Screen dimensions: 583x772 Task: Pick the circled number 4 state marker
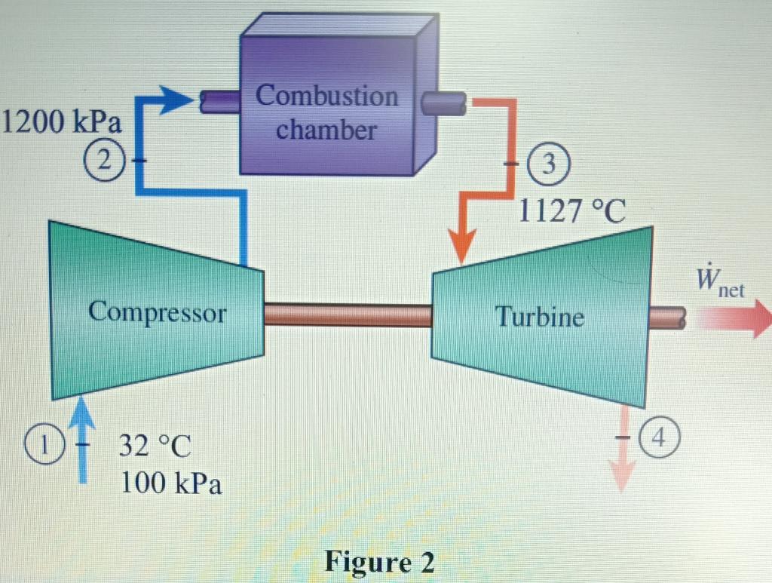click(657, 437)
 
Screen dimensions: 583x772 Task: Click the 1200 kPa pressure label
click(63, 121)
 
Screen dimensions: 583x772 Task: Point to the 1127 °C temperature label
click(572, 212)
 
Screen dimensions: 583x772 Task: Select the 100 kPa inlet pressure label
click(172, 483)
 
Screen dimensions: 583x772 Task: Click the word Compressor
click(157, 312)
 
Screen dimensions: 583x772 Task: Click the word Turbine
click(539, 317)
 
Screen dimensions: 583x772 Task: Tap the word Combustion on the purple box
click(326, 96)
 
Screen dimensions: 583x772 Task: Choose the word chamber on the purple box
click(326, 130)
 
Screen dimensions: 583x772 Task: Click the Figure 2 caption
click(380, 562)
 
